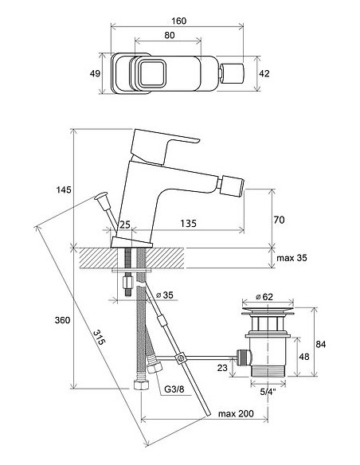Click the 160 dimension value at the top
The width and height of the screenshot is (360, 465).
pyautogui.click(x=179, y=21)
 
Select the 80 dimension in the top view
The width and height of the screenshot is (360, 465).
pyautogui.click(x=170, y=35)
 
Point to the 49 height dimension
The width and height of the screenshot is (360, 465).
pyautogui.click(x=95, y=73)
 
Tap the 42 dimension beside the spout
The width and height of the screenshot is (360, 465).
pyautogui.click(x=264, y=73)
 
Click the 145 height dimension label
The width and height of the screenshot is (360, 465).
pyautogui.click(x=64, y=190)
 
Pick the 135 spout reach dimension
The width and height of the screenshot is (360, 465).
pyautogui.click(x=189, y=223)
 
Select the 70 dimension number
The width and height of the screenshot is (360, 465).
pyautogui.click(x=279, y=220)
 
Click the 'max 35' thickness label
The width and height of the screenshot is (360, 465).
pyautogui.click(x=292, y=258)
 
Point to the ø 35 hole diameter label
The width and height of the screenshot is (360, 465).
pyautogui.click(x=165, y=295)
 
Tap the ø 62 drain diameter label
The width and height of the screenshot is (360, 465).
pyautogui.click(x=264, y=296)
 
